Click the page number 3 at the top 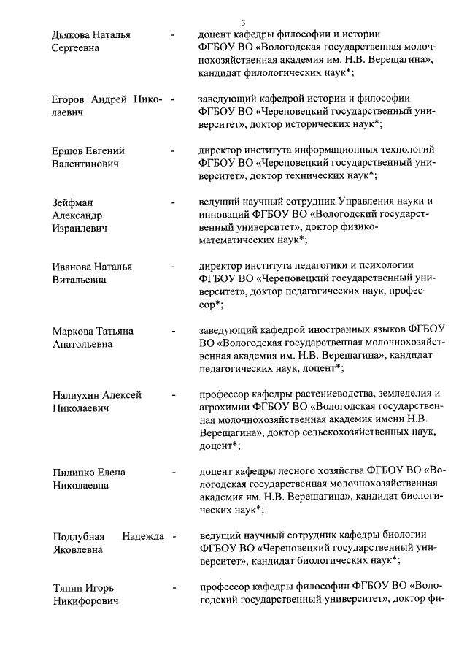click(233, 22)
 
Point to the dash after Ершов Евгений click(173, 150)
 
